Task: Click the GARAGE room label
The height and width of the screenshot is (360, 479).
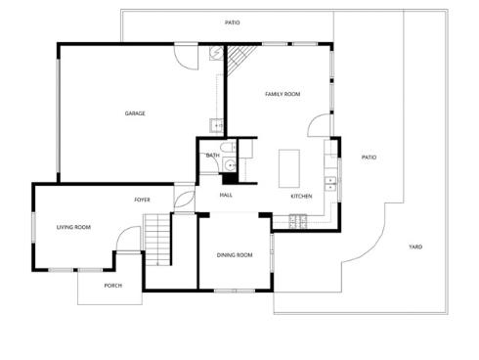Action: pos(135,113)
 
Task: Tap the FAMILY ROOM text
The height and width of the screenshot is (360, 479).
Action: pos(283,94)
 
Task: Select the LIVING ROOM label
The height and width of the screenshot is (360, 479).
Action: pos(73,227)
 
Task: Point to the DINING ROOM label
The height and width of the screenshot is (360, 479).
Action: pos(235,255)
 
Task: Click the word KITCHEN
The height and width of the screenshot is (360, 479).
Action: pos(301,197)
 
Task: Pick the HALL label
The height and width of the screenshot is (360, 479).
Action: pos(226,195)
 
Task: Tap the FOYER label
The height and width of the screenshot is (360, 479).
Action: pos(143,200)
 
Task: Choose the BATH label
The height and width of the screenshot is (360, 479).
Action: pos(212,156)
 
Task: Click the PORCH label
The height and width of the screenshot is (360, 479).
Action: pos(113,286)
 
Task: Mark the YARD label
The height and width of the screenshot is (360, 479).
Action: pos(415,247)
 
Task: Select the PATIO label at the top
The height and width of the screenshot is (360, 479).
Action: pos(232,22)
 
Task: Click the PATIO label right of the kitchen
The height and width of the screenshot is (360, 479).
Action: pos(369,157)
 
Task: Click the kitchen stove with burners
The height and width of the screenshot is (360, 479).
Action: pos(297,222)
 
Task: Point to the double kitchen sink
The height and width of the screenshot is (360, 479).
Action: pos(331,181)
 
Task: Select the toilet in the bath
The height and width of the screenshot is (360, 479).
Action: pos(227,149)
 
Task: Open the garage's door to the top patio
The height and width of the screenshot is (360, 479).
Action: pos(181,55)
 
